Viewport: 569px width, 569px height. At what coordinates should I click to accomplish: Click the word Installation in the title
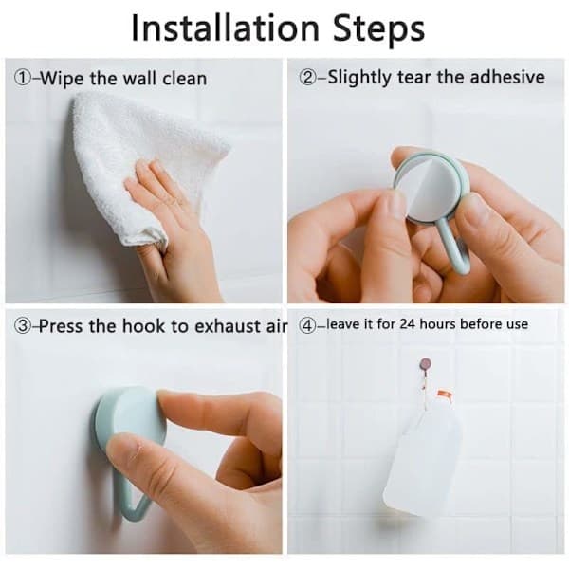pyautogui.click(x=225, y=28)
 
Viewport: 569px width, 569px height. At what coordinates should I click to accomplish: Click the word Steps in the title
pyautogui.click(x=378, y=29)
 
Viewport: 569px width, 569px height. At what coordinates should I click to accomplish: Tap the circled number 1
pyautogui.click(x=23, y=78)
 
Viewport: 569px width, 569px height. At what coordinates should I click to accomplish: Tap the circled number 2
pyautogui.click(x=307, y=78)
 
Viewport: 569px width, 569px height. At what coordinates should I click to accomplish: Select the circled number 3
pyautogui.click(x=23, y=325)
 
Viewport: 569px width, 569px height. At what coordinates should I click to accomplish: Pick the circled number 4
pyautogui.click(x=307, y=325)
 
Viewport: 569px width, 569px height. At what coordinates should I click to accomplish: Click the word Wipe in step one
pyautogui.click(x=62, y=79)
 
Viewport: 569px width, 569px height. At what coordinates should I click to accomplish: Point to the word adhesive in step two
pyautogui.click(x=507, y=77)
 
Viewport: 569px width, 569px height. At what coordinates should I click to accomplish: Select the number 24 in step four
pyautogui.click(x=408, y=323)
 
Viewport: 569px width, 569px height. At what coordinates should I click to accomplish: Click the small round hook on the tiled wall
pyautogui.click(x=425, y=363)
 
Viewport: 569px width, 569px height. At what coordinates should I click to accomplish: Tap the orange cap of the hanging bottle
pyautogui.click(x=445, y=395)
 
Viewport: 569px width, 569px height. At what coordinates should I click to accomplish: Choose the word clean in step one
pyautogui.click(x=184, y=79)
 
